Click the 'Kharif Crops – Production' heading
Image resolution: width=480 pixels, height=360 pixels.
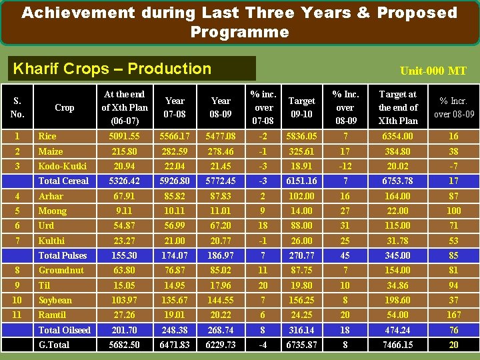coord(112,69)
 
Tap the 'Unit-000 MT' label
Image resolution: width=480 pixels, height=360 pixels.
coord(433,71)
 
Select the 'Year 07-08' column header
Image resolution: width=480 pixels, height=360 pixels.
coord(175,107)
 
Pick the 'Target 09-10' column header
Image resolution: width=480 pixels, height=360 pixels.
coord(301,107)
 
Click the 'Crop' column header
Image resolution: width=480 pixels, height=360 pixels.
coord(65,107)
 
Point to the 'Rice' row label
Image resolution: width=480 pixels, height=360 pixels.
coord(47,136)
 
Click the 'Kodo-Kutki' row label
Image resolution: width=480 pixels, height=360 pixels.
coord(62,166)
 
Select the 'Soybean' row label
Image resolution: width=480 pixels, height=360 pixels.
coord(55,300)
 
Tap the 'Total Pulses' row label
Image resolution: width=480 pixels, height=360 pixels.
coord(63,255)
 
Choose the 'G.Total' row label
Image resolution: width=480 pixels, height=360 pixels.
coord(54,345)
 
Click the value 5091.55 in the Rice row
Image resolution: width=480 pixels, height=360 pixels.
coord(124,136)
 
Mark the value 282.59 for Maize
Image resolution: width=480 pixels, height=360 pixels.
coord(175,151)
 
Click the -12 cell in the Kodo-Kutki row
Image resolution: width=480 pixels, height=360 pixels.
coord(345,166)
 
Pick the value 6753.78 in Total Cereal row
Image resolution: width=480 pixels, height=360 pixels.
coord(397,181)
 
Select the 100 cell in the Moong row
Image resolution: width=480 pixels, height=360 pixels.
coord(453,211)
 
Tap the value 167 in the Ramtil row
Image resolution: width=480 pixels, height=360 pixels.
coord(453,315)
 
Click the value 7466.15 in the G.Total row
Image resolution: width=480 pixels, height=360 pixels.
coord(397,345)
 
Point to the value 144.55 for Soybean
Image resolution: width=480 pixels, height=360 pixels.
coord(221,300)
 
